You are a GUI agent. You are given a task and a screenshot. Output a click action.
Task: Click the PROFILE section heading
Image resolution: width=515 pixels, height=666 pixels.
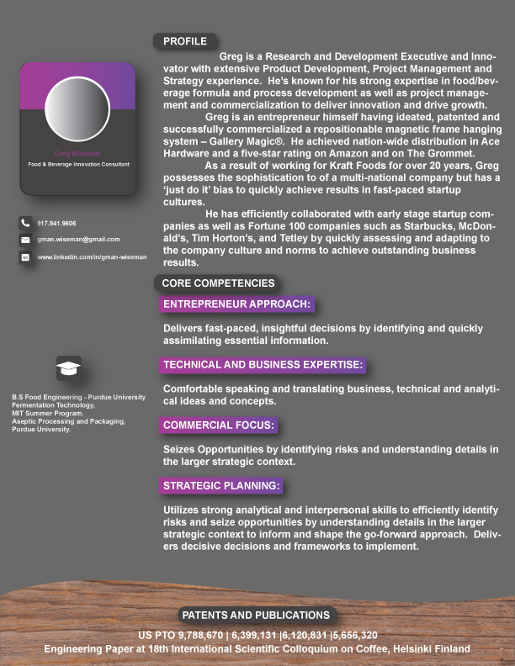pos(185,40)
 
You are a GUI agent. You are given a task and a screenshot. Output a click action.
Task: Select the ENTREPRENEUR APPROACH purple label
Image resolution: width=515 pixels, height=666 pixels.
pos(237,304)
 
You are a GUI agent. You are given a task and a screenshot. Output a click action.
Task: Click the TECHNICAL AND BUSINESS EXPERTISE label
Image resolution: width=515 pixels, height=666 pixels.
pos(263,364)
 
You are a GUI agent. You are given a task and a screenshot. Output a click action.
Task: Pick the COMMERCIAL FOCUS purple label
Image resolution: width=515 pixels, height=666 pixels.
pos(219,425)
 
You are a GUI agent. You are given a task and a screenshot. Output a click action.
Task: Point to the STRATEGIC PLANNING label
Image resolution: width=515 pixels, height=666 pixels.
pos(221,485)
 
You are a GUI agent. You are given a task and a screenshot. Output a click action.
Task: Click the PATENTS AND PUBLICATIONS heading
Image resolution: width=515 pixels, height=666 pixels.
pos(256,615)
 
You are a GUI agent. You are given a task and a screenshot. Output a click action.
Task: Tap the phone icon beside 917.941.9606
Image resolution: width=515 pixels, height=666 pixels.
pos(25,223)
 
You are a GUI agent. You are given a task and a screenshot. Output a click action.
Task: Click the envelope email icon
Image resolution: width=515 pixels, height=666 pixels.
pos(25,240)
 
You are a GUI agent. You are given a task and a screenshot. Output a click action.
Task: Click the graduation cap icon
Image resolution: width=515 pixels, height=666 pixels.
pos(68,368)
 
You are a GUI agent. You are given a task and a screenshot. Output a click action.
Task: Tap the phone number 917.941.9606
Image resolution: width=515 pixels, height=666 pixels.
pos(57,223)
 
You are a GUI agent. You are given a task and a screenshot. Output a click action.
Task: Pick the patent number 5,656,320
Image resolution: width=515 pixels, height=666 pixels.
pos(355,635)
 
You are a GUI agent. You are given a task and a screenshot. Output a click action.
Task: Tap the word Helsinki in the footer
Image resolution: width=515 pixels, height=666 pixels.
pos(406,649)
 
